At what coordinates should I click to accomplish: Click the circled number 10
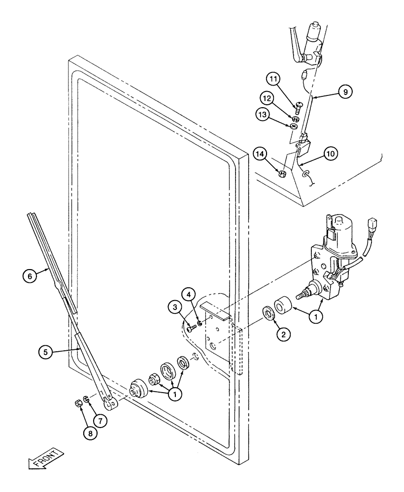click(x=331, y=154)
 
